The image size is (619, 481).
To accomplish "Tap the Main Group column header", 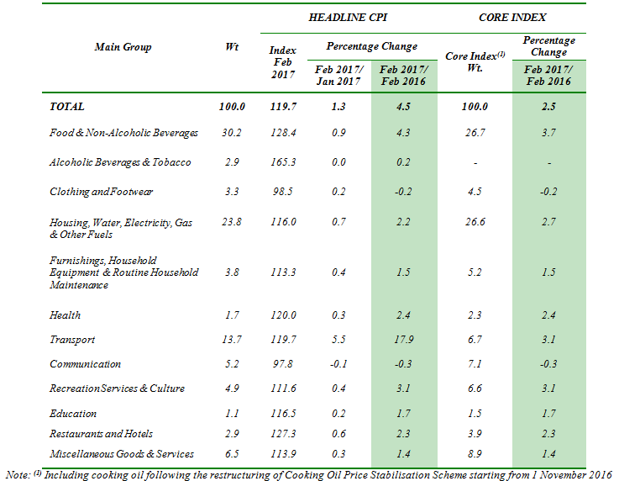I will click(123, 47).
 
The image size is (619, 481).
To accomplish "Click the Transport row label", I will click(72, 340).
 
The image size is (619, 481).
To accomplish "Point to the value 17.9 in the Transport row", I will click(403, 340).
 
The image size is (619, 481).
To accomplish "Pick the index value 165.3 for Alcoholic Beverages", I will click(283, 162).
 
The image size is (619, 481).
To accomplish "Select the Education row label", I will click(73, 414).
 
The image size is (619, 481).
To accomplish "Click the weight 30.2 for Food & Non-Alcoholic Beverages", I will click(231, 133).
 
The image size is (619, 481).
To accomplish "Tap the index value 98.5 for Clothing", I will click(283, 192).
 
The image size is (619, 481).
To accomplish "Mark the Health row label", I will click(66, 315).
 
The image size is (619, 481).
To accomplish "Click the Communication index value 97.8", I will click(283, 364).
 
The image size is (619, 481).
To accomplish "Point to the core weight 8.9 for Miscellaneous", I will click(474, 454).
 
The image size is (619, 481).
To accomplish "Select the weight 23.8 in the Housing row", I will click(231, 222).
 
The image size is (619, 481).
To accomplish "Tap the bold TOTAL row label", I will click(67, 107).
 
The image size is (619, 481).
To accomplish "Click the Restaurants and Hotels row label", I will click(102, 434).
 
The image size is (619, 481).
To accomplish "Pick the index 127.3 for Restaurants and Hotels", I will click(283, 434).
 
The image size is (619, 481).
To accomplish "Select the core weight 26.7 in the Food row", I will click(474, 133).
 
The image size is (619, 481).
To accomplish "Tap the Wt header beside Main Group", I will click(232, 47).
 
